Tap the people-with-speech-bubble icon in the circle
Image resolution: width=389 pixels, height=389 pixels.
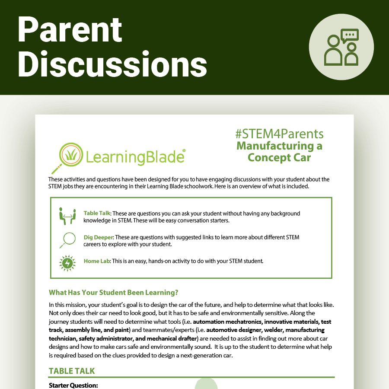pos(341,48)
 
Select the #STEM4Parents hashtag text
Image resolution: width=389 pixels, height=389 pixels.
pos(279,134)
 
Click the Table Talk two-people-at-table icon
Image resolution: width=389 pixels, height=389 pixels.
pos(67,216)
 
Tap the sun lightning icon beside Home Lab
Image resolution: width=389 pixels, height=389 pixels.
pos(67,262)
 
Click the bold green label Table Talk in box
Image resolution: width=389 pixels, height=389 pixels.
pos(97,214)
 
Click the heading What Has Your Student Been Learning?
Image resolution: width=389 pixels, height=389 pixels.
pos(114,292)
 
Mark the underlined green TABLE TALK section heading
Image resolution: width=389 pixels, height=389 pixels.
pos(72,371)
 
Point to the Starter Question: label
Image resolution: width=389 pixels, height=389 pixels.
pos(73,385)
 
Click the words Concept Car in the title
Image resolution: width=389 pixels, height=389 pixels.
pos(279,157)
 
